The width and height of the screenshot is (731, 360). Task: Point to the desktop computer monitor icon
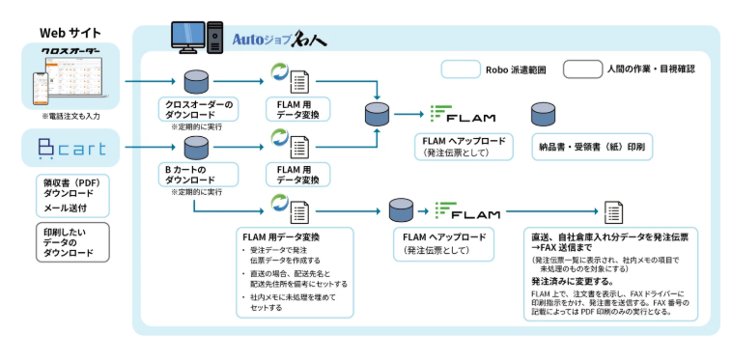(189, 36)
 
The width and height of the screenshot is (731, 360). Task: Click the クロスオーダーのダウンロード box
(197, 107)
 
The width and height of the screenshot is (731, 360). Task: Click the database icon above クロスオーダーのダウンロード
(197, 77)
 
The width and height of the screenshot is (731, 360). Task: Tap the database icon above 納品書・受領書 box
(542, 113)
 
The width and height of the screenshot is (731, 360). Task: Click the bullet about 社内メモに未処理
(290, 303)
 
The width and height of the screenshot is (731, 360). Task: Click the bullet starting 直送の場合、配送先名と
(293, 279)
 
